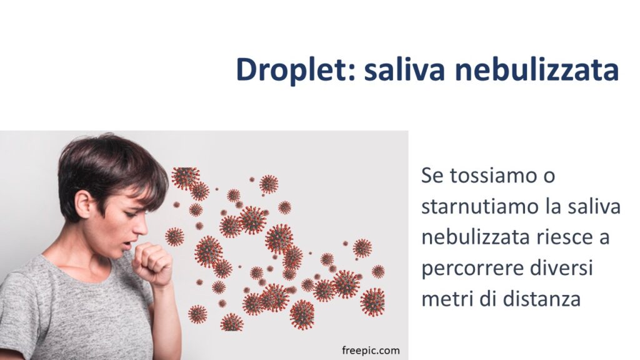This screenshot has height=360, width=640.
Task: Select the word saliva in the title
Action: click(405, 69)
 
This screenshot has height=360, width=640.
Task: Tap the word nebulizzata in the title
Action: click(537, 69)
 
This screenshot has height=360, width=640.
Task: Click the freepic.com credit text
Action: click(371, 351)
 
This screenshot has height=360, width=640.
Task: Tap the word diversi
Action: click(561, 268)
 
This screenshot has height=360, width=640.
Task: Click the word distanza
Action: click(542, 299)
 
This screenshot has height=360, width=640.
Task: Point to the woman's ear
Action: click(84, 203)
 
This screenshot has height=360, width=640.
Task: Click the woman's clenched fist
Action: click(152, 263)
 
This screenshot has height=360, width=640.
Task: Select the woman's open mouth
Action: click(127, 245)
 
